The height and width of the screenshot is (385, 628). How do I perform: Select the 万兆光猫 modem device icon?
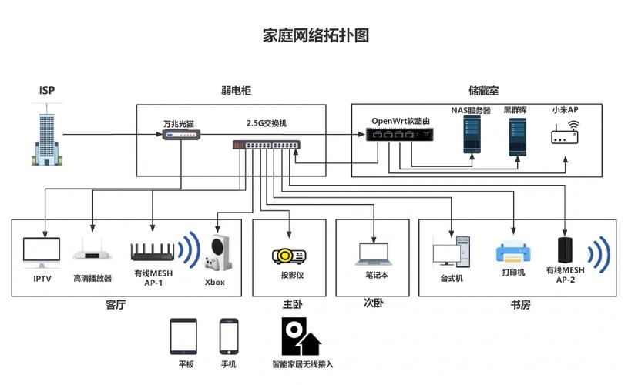tap(181, 135)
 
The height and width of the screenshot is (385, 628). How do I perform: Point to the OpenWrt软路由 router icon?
tap(398, 134)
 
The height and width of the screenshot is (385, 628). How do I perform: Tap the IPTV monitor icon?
tap(42, 253)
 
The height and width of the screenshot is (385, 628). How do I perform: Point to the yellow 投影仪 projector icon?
tap(289, 255)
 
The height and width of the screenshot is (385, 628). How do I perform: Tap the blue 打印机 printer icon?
tap(512, 253)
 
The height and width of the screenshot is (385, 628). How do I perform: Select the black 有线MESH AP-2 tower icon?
tap(566, 251)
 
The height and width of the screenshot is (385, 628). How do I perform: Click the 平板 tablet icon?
tap(183, 336)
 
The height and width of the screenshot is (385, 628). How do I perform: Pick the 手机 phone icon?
tap(229, 336)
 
